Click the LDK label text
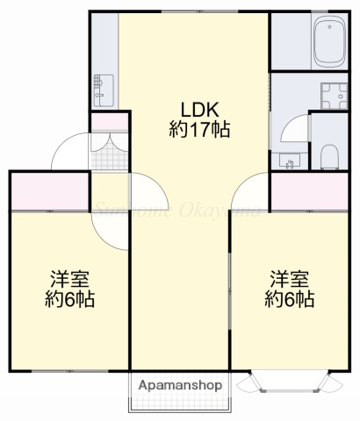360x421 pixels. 199,110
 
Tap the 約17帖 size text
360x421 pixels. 199,130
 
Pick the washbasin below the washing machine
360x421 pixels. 288,160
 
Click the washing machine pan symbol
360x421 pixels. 334,95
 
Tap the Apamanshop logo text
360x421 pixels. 179,384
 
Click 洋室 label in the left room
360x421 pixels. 70,280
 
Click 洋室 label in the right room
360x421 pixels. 289,280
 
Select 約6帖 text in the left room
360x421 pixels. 70,300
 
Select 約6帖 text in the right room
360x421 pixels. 289,300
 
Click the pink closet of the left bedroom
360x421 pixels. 49,191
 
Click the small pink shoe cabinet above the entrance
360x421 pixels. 109,123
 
